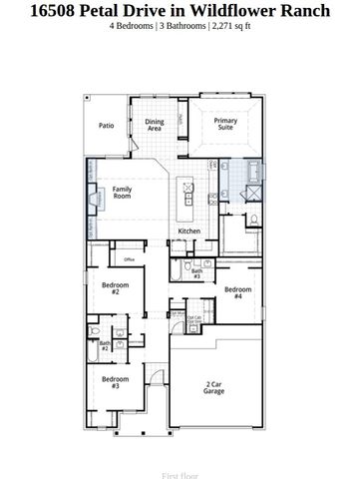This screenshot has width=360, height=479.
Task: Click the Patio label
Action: coord(105,126)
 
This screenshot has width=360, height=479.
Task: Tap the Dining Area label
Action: coord(155,126)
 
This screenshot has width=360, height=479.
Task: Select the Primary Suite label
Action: coord(225,125)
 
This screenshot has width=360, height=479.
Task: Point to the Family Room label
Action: coord(123,193)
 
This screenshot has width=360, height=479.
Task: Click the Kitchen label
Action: coord(188,231)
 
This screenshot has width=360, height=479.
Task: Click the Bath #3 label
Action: coord(196,273)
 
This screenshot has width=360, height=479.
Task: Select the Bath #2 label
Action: coord(105,345)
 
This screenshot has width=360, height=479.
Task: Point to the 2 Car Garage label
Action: coord(213,387)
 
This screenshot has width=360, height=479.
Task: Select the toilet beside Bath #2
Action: coord(93,330)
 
